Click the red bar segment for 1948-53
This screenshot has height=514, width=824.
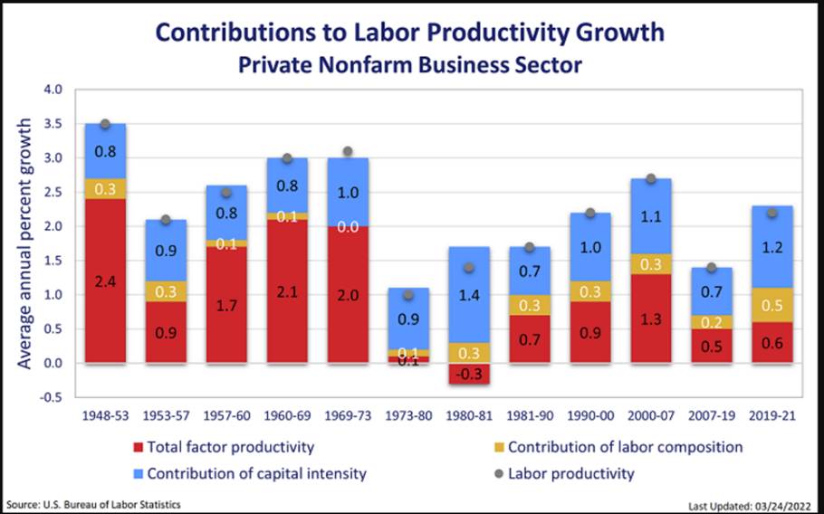[105, 281]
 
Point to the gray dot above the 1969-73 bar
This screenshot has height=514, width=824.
[348, 152]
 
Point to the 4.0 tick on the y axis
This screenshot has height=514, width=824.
[52, 90]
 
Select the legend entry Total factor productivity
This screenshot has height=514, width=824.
[230, 447]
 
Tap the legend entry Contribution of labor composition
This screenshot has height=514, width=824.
[625, 447]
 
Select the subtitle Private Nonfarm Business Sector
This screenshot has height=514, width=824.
[409, 65]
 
